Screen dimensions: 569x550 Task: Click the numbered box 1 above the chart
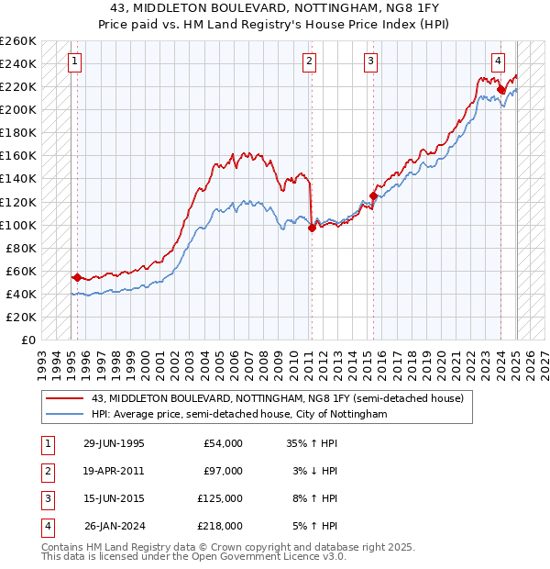(x=73, y=62)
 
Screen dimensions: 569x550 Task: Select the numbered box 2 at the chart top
(x=310, y=62)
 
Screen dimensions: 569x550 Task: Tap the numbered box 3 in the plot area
(x=370, y=62)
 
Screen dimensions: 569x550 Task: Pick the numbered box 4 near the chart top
(x=498, y=62)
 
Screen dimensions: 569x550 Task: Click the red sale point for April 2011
(x=312, y=228)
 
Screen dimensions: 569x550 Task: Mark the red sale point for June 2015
(x=373, y=195)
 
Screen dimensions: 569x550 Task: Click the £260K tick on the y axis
(x=18, y=41)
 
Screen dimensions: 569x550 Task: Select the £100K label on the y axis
(x=18, y=225)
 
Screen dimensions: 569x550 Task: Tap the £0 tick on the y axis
(x=29, y=340)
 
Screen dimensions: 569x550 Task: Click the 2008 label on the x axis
(x=265, y=360)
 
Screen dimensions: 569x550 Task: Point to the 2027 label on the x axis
(x=544, y=360)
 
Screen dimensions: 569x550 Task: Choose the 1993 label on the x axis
(x=40, y=360)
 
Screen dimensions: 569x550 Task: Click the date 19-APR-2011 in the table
(x=114, y=471)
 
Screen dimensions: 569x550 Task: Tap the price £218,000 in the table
(x=220, y=526)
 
